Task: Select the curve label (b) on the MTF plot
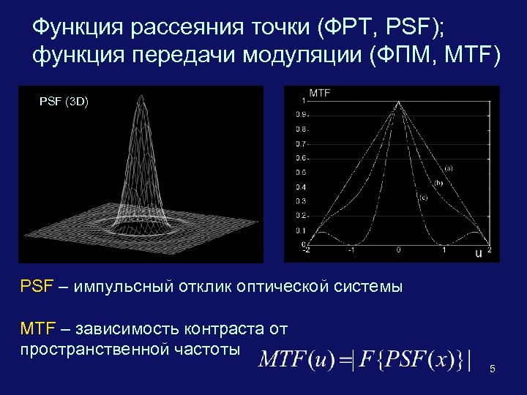438,183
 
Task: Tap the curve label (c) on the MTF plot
423,197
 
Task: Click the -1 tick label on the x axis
351,250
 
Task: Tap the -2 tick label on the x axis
306,250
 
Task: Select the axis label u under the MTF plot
479,254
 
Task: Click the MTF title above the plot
321,93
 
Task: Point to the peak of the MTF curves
397,102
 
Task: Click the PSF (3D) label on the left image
64,102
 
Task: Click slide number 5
493,369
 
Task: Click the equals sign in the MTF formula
339,361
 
